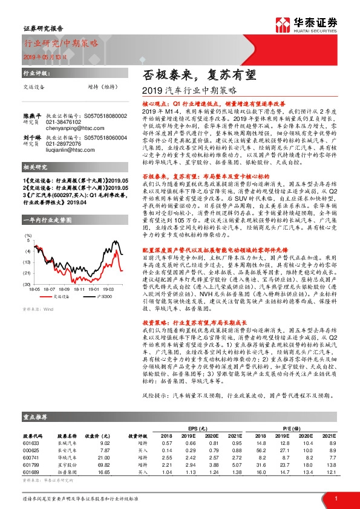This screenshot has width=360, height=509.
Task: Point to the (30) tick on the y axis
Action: point(27,284)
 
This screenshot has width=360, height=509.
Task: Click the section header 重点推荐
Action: point(36,417)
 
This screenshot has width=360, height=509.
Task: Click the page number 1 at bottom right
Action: point(335,499)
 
